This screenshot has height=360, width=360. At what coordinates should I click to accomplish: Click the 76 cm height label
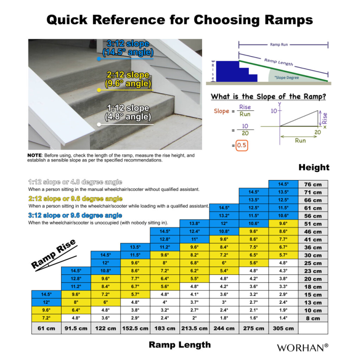click(x=314, y=184)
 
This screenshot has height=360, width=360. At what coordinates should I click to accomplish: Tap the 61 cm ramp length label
click(x=46, y=328)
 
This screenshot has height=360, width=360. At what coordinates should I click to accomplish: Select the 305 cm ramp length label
click(x=283, y=328)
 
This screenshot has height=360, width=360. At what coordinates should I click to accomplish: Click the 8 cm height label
click(x=314, y=318)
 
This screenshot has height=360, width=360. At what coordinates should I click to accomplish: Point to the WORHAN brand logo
click(x=303, y=347)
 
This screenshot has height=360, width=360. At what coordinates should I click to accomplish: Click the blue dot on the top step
click(x=99, y=59)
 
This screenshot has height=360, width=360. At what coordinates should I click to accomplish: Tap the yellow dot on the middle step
click(x=99, y=90)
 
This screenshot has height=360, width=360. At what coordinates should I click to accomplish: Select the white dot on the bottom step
click(x=99, y=125)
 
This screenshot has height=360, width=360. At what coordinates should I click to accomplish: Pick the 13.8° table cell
click(x=194, y=223)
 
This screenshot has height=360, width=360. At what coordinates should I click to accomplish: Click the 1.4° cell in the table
click(x=283, y=318)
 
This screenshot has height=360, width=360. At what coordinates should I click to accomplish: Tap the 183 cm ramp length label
click(x=164, y=328)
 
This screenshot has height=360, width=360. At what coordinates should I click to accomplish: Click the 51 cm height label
click(x=314, y=224)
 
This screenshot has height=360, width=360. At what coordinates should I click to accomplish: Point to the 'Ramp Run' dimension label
click(x=283, y=45)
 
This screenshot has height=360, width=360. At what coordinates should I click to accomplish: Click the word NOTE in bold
click(x=35, y=156)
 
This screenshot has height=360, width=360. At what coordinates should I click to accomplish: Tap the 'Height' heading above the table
click(x=314, y=168)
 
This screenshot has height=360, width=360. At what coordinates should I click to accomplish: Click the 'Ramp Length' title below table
click(x=180, y=345)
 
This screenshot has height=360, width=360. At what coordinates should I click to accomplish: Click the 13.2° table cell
click(x=224, y=216)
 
